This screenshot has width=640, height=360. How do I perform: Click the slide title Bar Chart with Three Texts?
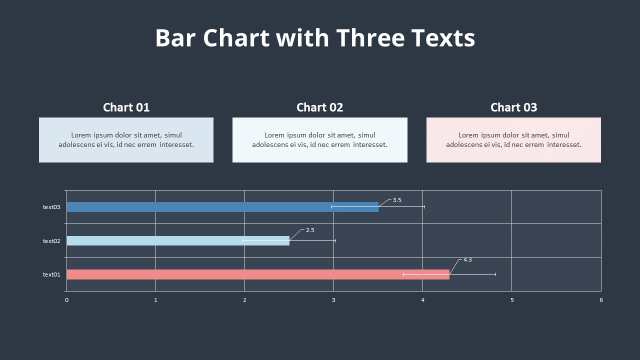tap(315, 38)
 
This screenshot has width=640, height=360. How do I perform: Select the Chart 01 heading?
tap(126, 107)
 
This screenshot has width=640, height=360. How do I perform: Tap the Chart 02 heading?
tap(319, 107)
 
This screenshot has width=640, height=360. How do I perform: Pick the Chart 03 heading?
tap(513, 107)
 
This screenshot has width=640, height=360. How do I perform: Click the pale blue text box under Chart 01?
tap(126, 140)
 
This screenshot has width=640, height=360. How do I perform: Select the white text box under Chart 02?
tap(319, 140)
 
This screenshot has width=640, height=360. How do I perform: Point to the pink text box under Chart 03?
tap(513, 140)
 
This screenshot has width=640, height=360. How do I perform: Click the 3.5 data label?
tap(397, 200)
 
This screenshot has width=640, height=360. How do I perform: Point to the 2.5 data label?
tap(310, 230)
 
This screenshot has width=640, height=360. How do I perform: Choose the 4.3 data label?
tap(467, 260)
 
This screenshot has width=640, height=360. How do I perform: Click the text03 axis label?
tap(51, 207)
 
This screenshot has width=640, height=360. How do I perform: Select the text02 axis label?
tap(51, 241)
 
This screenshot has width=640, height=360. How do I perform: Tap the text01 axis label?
tap(51, 274)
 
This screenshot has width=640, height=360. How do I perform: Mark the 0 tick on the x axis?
tap(66, 300)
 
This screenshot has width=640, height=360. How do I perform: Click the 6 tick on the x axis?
tap(601, 300)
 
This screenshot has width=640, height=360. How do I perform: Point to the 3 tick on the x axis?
tap(333, 300)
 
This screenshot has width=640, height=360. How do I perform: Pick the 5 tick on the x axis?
tap(512, 300)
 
